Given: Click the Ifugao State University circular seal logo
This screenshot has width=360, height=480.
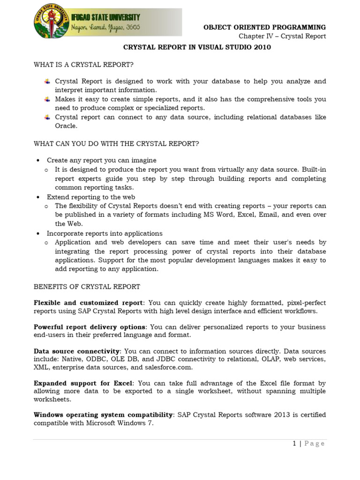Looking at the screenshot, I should [x=49, y=24].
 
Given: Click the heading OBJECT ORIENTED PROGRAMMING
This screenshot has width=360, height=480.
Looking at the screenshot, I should [x=264, y=27].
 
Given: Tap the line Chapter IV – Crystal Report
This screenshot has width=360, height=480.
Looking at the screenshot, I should [x=282, y=37].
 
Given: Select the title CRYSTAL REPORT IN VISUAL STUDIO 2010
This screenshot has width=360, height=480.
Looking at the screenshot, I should [x=197, y=47].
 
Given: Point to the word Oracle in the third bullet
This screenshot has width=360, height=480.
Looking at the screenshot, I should [x=66, y=126].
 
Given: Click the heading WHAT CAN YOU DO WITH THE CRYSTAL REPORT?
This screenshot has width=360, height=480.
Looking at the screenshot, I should [x=116, y=143].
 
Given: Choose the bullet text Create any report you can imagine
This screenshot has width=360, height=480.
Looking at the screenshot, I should [x=102, y=160].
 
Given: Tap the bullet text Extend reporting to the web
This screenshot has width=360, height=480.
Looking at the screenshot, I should [x=91, y=197].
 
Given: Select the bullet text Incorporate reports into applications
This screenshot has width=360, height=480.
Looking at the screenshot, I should [x=105, y=233].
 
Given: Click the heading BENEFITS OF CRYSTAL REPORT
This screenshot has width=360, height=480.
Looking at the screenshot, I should [x=87, y=286].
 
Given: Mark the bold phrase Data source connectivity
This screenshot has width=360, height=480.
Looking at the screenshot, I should [x=77, y=351].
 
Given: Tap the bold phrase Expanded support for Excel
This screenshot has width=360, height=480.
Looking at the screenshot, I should [x=83, y=383].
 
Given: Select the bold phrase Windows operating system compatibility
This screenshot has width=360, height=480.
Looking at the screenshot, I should [x=103, y=415].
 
